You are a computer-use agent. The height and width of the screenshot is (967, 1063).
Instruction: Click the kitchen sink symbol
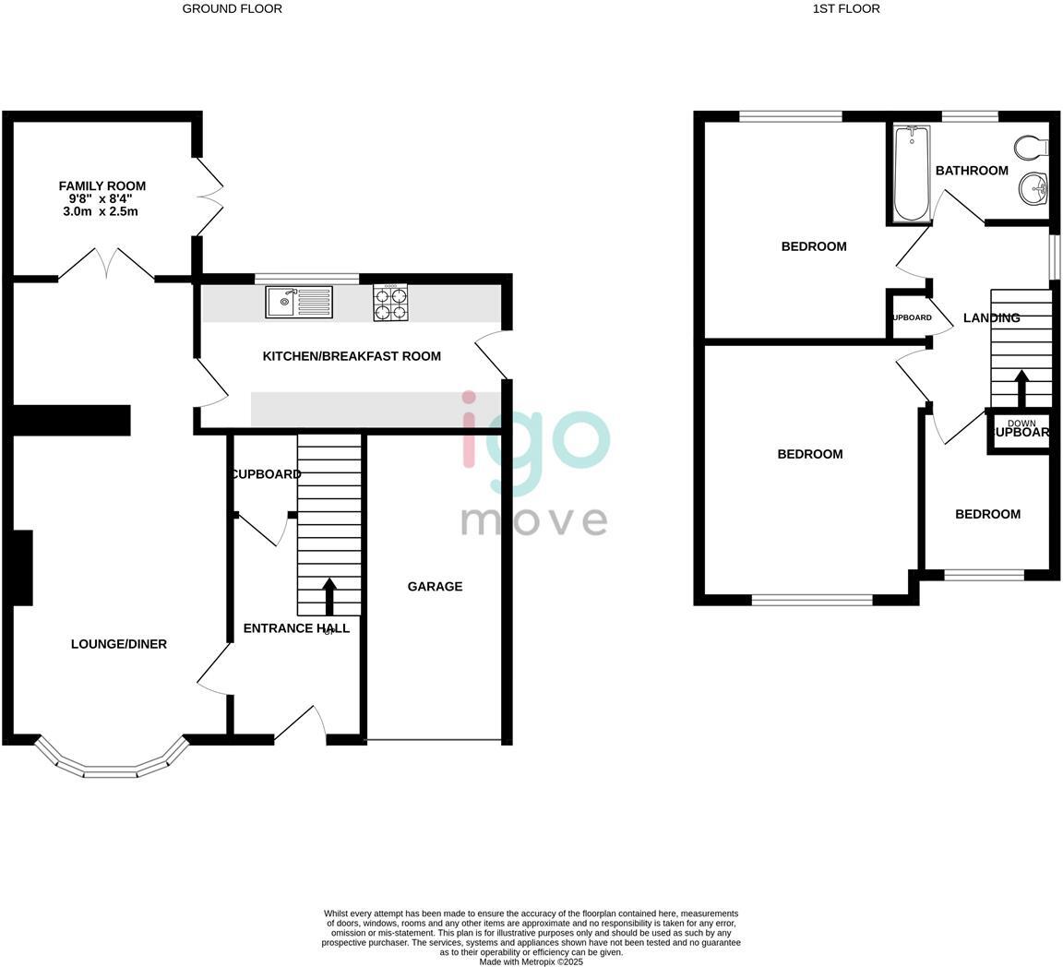[298, 302]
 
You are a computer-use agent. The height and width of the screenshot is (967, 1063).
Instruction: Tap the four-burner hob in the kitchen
[390, 302]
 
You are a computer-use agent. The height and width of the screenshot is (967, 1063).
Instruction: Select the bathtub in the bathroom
[912, 173]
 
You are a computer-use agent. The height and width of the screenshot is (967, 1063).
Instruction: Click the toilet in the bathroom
[1031, 147]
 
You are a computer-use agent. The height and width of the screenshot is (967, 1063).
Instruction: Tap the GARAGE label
[435, 586]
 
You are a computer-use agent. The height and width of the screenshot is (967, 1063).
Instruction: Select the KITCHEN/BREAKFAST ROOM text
[352, 356]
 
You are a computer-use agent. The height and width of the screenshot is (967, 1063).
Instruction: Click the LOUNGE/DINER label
[119, 644]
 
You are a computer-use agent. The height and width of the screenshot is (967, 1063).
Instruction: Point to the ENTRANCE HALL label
[296, 628]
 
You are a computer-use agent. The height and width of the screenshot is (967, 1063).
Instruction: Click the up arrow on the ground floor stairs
[328, 596]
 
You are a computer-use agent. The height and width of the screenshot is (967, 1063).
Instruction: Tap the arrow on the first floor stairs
[1021, 388]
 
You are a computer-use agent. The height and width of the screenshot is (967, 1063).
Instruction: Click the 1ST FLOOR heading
[846, 8]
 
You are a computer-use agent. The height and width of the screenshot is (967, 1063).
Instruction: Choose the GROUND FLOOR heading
[232, 8]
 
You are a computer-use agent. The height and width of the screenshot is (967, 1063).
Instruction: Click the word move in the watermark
[533, 520]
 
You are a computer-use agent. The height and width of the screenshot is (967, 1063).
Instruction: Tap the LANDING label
[991, 317]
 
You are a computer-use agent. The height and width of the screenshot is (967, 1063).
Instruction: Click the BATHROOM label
[972, 171]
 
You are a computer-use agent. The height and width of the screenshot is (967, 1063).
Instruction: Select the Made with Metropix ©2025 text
[531, 961]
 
